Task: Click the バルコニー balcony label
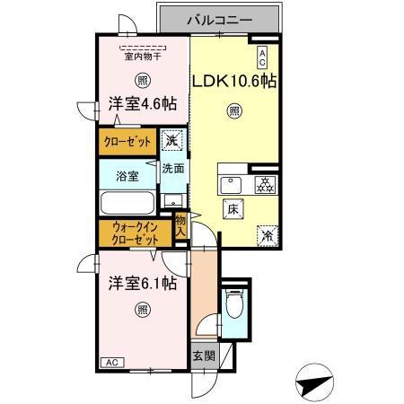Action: (x=219, y=18)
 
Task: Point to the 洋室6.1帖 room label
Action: (x=142, y=284)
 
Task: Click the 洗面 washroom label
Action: (x=172, y=168)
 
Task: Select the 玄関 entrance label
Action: (x=203, y=356)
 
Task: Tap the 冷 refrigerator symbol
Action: (x=266, y=233)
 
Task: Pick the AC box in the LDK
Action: (x=262, y=57)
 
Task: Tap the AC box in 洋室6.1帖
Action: (x=113, y=362)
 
